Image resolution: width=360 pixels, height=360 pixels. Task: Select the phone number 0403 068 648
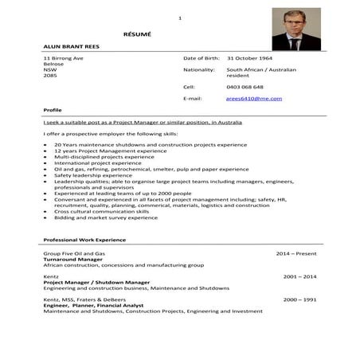[x=245, y=86]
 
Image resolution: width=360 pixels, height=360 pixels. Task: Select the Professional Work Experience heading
[x=84, y=240]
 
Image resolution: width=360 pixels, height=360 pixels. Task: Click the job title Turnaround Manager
[x=76, y=260]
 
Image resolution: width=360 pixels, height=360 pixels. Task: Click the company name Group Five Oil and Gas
[x=74, y=253]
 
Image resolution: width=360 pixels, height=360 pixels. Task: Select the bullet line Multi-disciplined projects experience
[x=104, y=157]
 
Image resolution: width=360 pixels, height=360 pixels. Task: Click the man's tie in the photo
[x=292, y=39]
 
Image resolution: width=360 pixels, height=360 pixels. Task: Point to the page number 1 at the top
[x=180, y=18]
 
